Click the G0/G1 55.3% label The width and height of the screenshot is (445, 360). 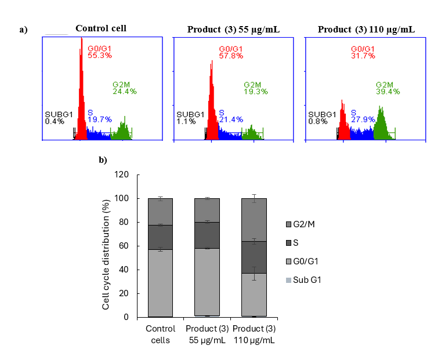tap(100, 52)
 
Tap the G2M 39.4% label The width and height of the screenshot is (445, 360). tap(388, 88)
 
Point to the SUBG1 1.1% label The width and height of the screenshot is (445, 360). tap(189, 118)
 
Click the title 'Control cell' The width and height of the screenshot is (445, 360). tap(101, 28)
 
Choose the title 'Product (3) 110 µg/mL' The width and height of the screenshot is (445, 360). tap(367, 29)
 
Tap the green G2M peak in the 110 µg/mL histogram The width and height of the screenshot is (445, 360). tap(381, 125)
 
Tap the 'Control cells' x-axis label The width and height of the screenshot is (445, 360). tap(160, 334)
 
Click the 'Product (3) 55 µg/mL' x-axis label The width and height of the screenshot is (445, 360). tap(207, 334)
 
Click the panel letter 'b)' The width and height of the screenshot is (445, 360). tap(103, 160)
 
